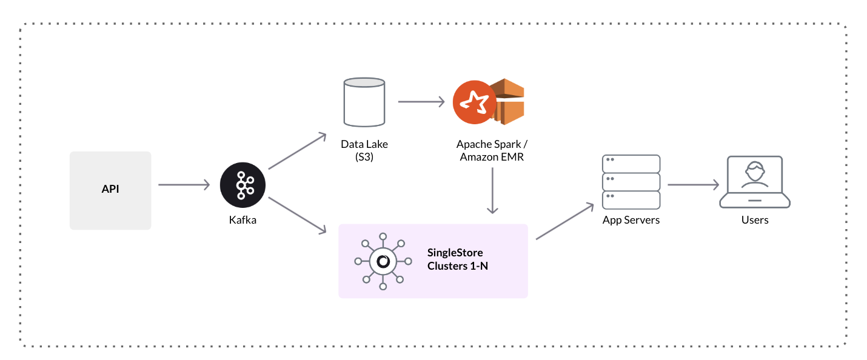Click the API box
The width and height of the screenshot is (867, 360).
(110, 190)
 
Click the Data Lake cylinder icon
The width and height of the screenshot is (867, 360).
(364, 102)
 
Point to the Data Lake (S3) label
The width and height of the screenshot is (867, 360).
(364, 151)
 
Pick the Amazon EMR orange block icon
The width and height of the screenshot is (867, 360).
(508, 102)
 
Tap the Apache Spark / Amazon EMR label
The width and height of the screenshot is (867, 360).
(492, 151)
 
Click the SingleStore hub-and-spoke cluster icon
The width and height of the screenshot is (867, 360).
(383, 261)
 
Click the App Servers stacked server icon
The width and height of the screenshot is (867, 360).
(631, 182)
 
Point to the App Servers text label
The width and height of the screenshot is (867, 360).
(631, 220)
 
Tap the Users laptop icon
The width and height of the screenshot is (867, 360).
(754, 182)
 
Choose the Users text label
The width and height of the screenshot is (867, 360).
(754, 220)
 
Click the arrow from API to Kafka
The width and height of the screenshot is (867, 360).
(184, 185)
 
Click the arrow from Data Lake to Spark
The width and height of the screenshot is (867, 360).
(421, 102)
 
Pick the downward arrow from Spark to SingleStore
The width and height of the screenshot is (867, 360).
(492, 190)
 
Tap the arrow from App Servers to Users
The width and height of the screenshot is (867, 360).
(693, 185)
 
